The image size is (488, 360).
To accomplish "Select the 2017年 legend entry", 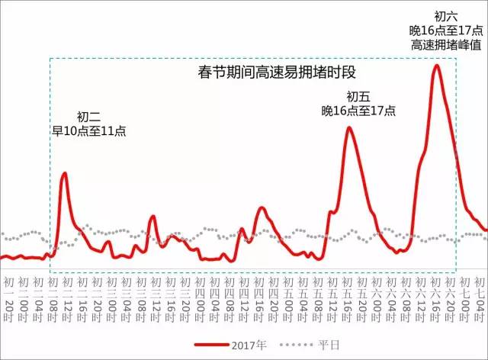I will pyautogui.click(x=251, y=345).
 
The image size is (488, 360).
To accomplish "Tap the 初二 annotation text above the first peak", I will pyautogui.click(x=88, y=117).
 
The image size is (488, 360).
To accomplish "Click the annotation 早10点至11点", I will pyautogui.click(x=88, y=130).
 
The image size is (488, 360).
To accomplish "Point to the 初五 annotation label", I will pyautogui.click(x=358, y=96).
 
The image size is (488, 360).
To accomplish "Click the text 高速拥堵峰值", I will pyautogui.click(x=446, y=44).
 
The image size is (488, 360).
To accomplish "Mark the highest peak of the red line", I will pyautogui.click(x=436, y=66).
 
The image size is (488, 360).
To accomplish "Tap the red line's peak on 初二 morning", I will pyautogui.click(x=64, y=173).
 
